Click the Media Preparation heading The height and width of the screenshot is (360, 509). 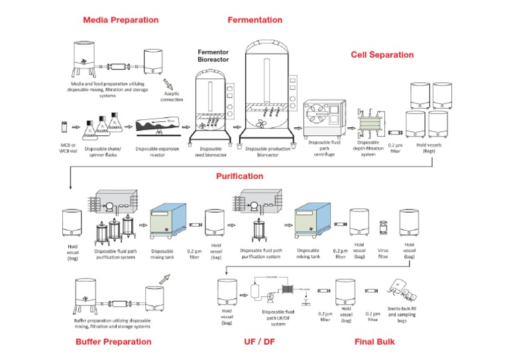pyautogui.click(x=121, y=20)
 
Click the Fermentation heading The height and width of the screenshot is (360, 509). pyautogui.click(x=254, y=20)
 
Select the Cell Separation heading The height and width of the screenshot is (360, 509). pyautogui.click(x=382, y=55)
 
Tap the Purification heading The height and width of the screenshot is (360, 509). pyautogui.click(x=239, y=176)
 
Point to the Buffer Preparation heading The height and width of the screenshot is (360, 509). pyautogui.click(x=113, y=342)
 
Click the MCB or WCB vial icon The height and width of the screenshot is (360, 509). pyautogui.click(x=64, y=125)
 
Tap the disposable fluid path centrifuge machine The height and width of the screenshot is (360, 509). pyautogui.click(x=324, y=118)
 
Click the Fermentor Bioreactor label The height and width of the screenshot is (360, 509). pyautogui.click(x=213, y=55)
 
